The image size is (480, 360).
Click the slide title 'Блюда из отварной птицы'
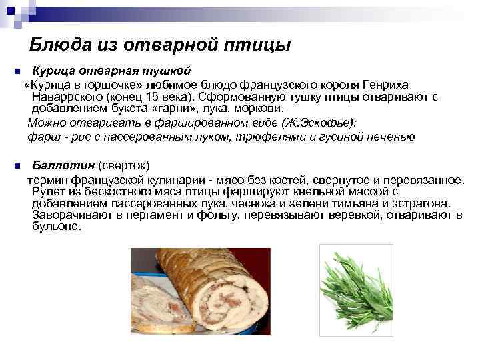pos(161,45)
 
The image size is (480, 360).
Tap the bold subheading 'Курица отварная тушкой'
pos(112,70)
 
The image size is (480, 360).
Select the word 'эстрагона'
pos(423,203)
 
